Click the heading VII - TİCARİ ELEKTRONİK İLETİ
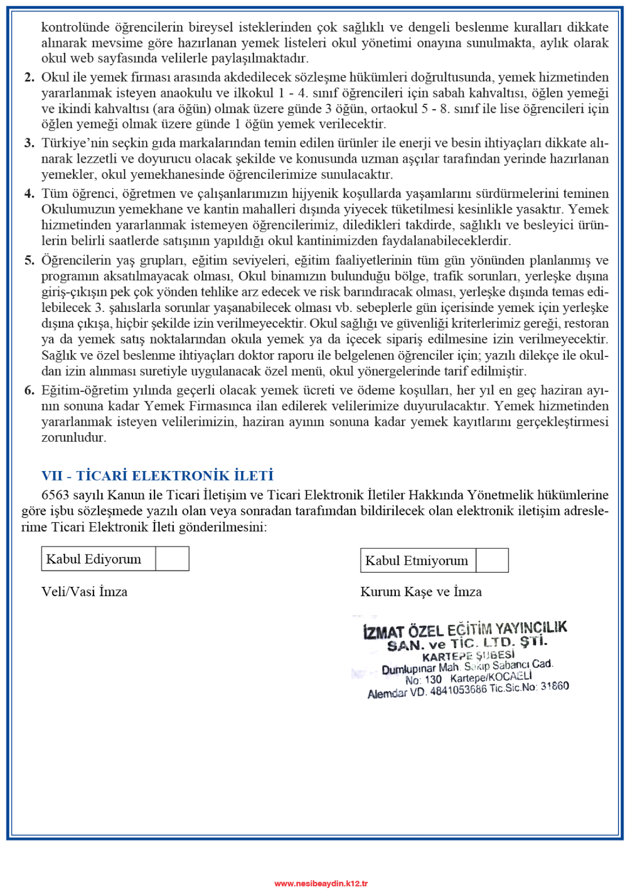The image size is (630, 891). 158,476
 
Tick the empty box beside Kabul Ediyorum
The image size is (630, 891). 172,559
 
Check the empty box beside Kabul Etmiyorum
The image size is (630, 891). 492,560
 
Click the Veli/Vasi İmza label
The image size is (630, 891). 84,592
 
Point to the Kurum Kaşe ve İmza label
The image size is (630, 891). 421,592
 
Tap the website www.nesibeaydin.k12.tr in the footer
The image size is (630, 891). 321,883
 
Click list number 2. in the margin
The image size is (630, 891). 29,77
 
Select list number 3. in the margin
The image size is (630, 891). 29,143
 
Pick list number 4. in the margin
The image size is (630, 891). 29,194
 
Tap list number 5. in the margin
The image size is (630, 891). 29,260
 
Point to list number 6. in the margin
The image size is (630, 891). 29,390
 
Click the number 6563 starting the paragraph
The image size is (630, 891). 55,495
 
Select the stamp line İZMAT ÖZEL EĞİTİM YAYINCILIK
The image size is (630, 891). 465,630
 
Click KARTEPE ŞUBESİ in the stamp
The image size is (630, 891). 468,656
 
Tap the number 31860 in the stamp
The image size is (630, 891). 554,686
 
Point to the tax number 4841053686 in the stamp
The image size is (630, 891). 458,690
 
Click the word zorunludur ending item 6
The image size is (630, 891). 74,438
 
